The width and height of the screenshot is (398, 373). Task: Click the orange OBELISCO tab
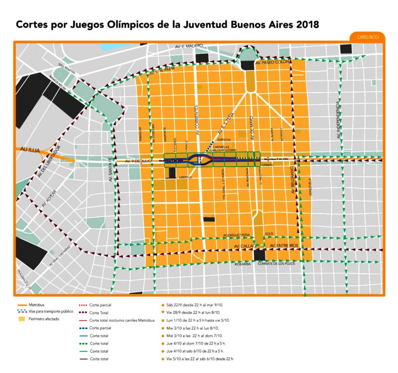368,37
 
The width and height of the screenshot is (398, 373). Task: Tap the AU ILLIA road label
30,150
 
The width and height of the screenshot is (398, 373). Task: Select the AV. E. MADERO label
189,46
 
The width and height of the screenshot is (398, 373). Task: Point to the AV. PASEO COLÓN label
272,62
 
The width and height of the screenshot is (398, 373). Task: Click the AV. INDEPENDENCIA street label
338,120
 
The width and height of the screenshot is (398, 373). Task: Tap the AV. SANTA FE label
111,169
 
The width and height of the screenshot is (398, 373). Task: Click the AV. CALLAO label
245,246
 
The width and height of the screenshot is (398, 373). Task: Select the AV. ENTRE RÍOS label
284,245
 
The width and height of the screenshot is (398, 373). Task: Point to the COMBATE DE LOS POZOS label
276,263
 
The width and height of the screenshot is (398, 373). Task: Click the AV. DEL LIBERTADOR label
49,161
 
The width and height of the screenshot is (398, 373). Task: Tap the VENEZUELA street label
310,187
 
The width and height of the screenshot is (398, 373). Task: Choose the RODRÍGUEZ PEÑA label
236,235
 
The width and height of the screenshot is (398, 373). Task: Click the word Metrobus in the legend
36,305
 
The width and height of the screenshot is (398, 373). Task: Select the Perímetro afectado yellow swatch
22,319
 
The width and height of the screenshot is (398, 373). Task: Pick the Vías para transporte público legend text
51,312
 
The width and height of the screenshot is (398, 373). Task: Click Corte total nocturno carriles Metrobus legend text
122,320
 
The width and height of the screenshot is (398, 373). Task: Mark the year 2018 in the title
307,25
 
